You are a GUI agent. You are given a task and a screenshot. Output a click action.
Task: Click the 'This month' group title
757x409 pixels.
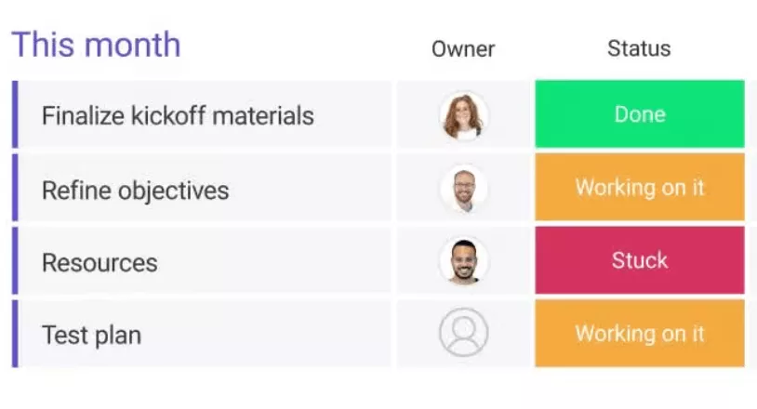(x=96, y=45)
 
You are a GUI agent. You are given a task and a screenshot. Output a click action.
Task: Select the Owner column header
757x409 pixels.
(x=463, y=49)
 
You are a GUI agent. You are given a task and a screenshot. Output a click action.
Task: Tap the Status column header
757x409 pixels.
(x=639, y=49)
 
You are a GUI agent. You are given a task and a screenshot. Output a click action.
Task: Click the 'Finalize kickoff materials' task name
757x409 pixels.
(x=178, y=116)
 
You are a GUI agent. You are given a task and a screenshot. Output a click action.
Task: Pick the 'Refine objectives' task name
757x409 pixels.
(x=135, y=191)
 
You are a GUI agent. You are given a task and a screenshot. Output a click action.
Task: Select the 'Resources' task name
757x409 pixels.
(x=100, y=262)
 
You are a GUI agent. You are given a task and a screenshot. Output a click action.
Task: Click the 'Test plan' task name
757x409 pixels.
(x=91, y=335)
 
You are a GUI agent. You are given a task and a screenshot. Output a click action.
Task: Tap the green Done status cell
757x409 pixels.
(x=640, y=114)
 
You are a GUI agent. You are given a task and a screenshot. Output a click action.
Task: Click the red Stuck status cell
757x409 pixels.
(x=640, y=260)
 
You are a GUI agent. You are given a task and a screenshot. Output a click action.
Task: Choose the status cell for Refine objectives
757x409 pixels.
(x=640, y=188)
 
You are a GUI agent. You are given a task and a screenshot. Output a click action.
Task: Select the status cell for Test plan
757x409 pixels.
(x=640, y=334)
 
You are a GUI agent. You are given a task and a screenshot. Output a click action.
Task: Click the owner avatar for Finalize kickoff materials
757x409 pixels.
(x=463, y=115)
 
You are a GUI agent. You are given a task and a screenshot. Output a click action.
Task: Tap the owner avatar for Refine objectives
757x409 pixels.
(x=463, y=189)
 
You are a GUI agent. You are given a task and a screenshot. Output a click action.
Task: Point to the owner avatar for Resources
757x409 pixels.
(x=463, y=261)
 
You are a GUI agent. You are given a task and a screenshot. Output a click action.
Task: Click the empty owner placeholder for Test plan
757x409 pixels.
(x=463, y=333)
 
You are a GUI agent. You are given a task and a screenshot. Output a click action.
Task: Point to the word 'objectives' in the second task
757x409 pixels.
(x=174, y=191)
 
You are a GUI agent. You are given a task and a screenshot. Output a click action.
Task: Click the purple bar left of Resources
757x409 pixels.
(x=15, y=261)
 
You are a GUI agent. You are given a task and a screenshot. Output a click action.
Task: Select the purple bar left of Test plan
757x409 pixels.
(x=15, y=334)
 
